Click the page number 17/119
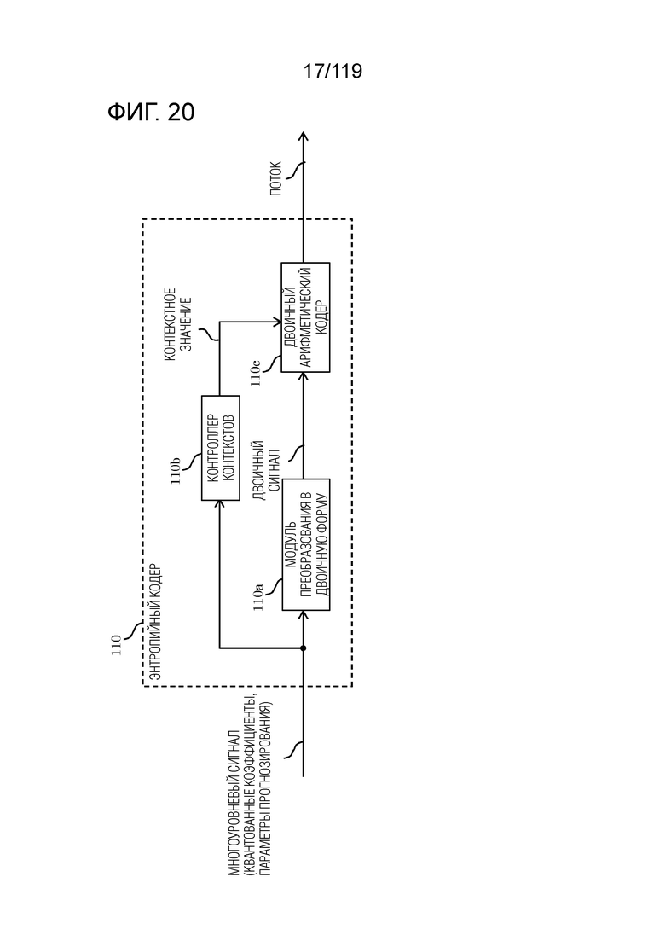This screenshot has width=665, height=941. coord(332,71)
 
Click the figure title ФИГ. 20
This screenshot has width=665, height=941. coord(151,112)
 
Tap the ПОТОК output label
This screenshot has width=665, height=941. coord(275,177)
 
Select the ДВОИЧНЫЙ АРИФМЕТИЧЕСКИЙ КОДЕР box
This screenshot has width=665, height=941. coord(306,317)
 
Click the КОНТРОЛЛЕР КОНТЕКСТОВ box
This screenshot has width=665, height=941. coord(220,448)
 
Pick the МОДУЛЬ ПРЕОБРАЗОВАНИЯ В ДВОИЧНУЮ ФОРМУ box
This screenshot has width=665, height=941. coord(306,544)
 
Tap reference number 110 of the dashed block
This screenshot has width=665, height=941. coord(117,645)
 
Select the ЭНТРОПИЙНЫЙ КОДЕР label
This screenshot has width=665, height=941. coord(155,621)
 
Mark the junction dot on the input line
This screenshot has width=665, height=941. coord(303,648)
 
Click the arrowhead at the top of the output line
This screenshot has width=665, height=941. coord(303,137)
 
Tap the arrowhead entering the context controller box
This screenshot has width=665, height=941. coord(220,505)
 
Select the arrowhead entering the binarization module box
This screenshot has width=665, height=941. coord(303,616)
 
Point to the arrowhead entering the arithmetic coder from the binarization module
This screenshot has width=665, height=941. coord(303,377)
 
